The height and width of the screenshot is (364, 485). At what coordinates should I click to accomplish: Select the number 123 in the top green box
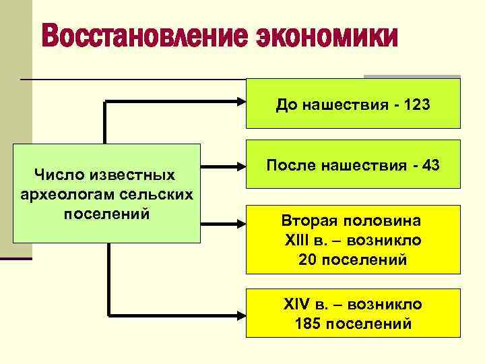pyautogui.click(x=416, y=106)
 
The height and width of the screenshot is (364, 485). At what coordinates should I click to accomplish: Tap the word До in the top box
pyautogui.click(x=284, y=106)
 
